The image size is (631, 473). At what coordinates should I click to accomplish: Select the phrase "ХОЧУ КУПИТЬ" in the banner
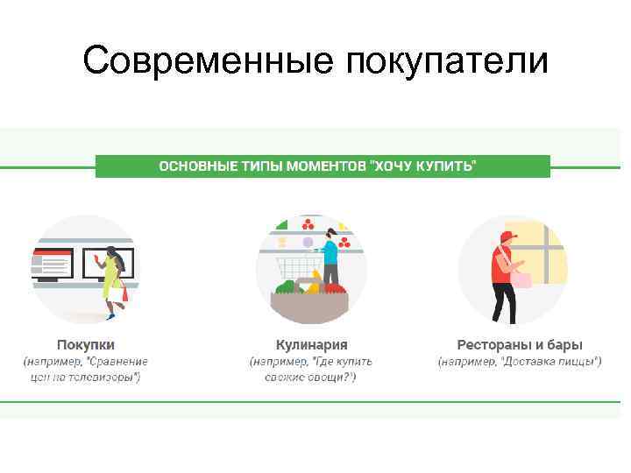425,166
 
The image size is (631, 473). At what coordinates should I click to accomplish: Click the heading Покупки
86,344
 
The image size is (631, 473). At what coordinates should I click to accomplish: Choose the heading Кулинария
311,344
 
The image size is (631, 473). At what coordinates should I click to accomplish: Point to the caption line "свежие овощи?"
311,377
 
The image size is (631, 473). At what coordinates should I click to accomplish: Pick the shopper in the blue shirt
330,256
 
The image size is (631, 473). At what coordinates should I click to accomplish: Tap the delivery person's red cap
507,236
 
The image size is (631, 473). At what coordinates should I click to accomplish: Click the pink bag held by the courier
523,278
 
